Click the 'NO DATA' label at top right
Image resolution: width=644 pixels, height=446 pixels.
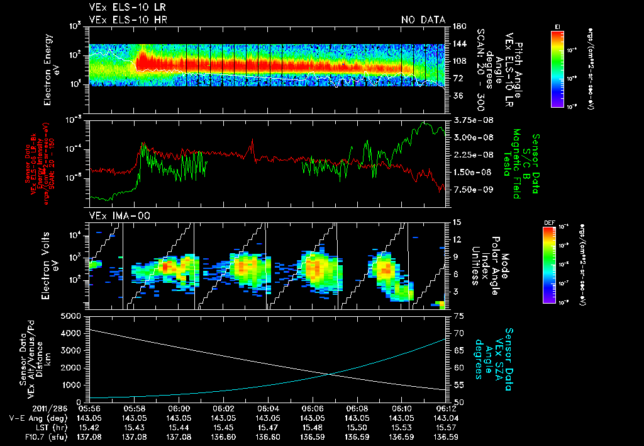(x=423, y=20)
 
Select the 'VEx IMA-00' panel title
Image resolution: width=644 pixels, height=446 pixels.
(x=115, y=215)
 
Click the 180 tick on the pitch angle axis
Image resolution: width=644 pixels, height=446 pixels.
(x=458, y=26)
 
